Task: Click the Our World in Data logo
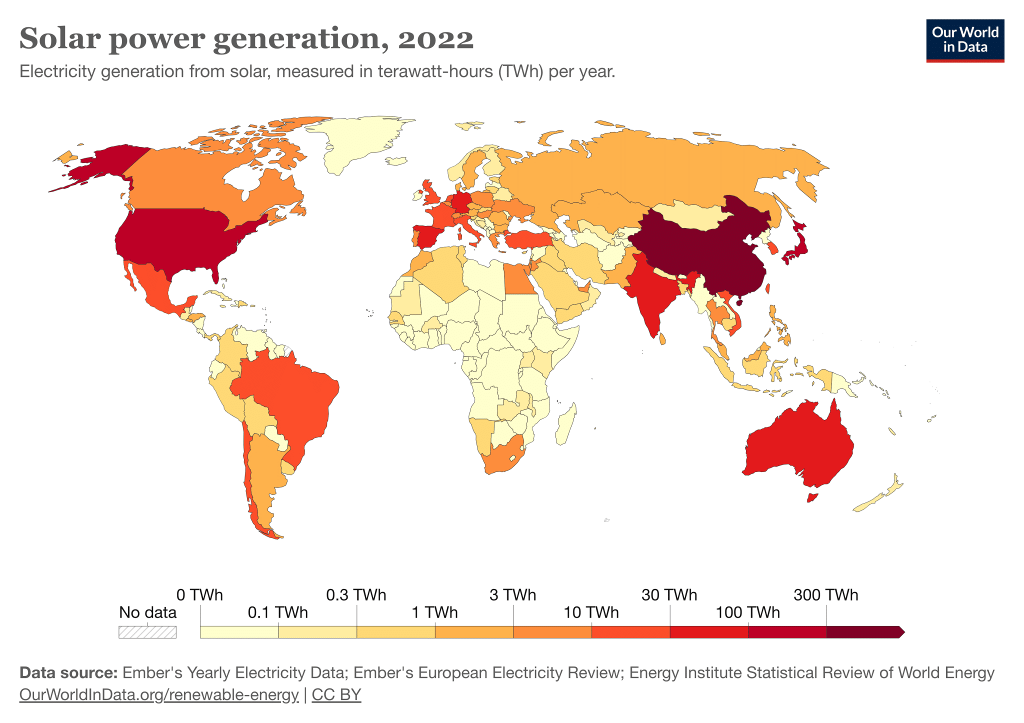click(964, 40)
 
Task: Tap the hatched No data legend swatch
click(147, 632)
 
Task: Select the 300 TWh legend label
click(825, 595)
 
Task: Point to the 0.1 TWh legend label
click(277, 612)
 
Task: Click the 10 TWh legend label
click(591, 612)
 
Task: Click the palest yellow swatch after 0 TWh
click(239, 632)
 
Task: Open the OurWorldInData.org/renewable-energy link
click(158, 695)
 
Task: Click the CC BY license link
click(336, 695)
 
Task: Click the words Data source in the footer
click(68, 673)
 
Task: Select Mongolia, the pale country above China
click(692, 215)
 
